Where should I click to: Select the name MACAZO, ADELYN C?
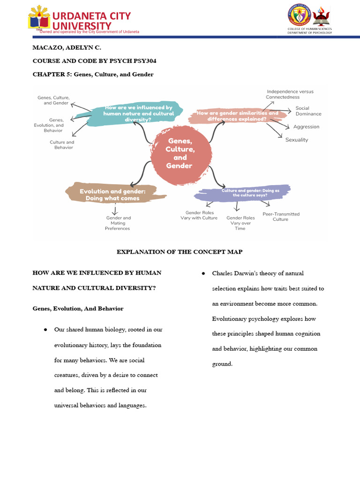tap(67, 48)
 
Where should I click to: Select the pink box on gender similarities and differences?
tap(237, 116)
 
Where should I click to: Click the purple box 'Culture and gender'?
tap(244, 192)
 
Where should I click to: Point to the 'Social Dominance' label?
tap(308, 111)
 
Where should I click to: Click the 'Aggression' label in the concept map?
tap(306, 127)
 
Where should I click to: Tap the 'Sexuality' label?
tap(297, 140)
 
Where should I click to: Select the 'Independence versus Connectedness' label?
tap(290, 94)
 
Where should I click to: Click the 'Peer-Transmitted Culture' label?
tap(281, 217)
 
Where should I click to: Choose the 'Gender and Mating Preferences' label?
tap(118, 223)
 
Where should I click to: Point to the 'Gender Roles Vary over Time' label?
tap(240, 223)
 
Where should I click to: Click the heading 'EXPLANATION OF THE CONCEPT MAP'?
tap(180, 252)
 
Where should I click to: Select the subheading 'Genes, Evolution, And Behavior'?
tap(78, 308)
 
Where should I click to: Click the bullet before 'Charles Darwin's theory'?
tap(203, 273)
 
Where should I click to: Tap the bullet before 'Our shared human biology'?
tap(45, 330)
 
